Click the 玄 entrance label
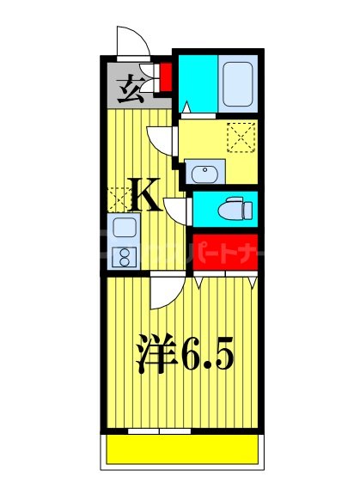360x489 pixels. (x=129, y=88)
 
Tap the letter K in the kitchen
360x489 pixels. (x=145, y=197)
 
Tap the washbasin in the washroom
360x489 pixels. (x=207, y=174)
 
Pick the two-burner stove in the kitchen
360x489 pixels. (x=123, y=255)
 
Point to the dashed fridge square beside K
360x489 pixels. (x=116, y=197)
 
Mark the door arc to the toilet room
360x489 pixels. (x=175, y=209)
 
